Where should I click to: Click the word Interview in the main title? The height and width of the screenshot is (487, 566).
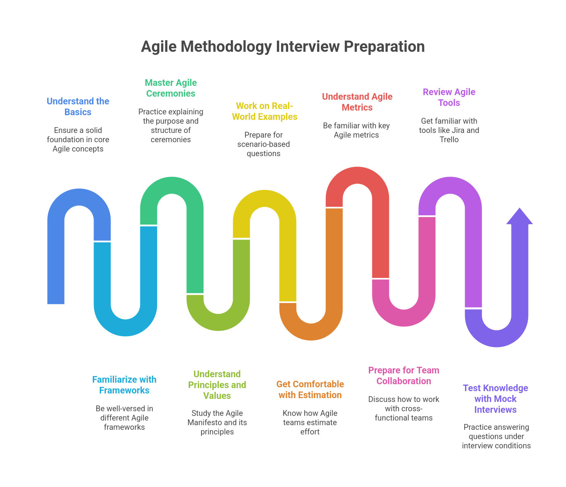pos(307,46)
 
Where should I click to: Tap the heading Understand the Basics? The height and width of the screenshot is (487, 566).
pos(78,107)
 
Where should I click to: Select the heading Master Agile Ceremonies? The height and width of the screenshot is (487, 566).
pos(170,88)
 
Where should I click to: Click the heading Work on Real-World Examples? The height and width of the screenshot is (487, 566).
pos(264,111)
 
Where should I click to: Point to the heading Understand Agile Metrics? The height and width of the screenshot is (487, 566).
pos(357,102)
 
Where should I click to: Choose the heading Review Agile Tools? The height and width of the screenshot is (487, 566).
pos(449,97)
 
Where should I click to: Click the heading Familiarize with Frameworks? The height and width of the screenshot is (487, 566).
pos(124,385)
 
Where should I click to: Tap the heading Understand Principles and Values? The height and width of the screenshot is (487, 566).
pos(217,385)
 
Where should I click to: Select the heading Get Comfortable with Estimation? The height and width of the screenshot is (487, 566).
pos(310,389)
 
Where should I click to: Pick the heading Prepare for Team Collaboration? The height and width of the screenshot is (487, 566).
pos(403,375)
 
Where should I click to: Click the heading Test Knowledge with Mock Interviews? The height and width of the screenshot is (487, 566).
pos(495,398)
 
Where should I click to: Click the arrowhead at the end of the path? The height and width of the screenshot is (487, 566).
pos(519,216)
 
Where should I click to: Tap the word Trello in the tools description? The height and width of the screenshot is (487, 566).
pos(449,140)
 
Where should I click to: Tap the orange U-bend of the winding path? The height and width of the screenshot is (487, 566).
pos(311,332)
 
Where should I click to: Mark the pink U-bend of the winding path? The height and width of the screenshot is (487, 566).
pos(404,318)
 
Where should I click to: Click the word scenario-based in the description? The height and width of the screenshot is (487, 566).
pos(263,144)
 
